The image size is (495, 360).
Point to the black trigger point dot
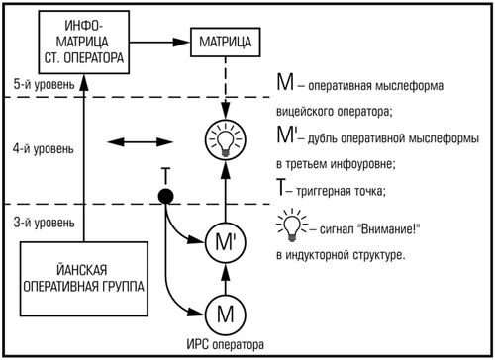point(167,197)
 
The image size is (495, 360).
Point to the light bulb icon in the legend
point(291,228)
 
